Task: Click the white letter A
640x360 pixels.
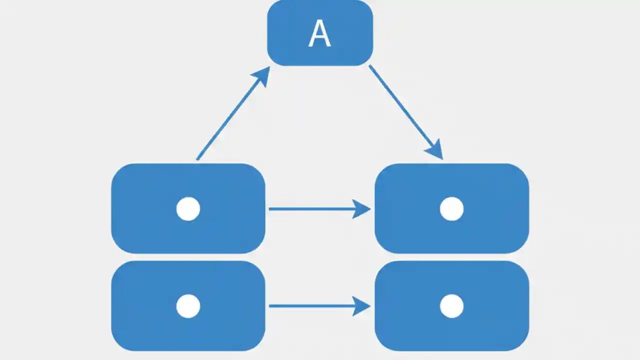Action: [x=319, y=34]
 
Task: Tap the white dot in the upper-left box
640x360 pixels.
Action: [x=188, y=208]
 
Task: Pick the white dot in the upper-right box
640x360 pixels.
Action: [x=451, y=208]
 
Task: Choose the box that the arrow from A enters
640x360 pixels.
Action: [x=490, y=225]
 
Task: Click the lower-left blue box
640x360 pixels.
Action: [x=145, y=325]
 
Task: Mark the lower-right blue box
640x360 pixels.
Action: [x=490, y=325]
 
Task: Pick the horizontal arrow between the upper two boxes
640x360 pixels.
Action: [x=310, y=208]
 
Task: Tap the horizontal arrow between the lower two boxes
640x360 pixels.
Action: [x=310, y=306]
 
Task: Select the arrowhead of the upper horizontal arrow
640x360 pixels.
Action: [x=361, y=208]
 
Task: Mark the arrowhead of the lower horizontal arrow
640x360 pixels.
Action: [x=361, y=306]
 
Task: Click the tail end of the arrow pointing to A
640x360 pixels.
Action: [x=198, y=159]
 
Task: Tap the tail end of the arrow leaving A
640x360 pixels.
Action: [x=370, y=66]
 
